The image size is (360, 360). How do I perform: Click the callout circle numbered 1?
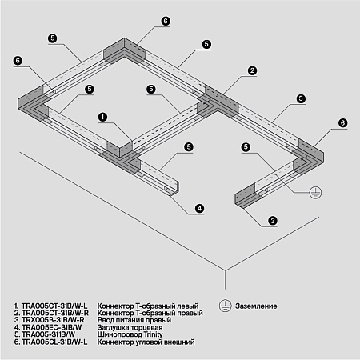click(x=102, y=117)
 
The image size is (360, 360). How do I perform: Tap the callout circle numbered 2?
click(x=251, y=71)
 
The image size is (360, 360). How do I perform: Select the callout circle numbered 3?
click(x=272, y=220)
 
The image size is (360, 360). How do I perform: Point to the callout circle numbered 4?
click(x=199, y=209)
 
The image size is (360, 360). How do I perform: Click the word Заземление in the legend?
click(x=256, y=306)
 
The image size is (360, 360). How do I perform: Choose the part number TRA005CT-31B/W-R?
click(x=54, y=314)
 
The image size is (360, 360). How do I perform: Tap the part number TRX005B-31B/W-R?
click(x=53, y=321)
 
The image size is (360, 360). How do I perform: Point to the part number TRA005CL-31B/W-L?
click(x=54, y=342)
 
